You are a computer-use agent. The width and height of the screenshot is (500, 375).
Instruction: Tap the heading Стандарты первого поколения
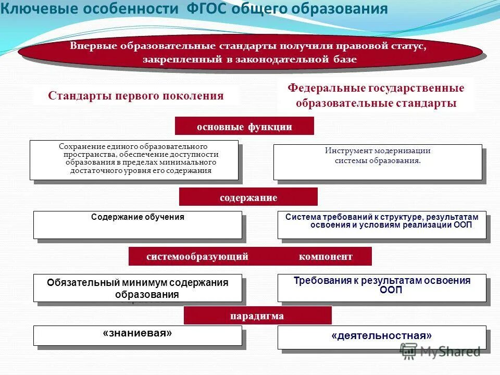tap(136, 96)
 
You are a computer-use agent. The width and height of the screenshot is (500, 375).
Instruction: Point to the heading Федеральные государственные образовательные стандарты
tap(376, 95)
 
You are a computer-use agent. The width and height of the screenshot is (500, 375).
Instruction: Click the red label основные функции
tap(244, 127)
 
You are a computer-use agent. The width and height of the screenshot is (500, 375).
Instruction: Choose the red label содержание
tap(248, 197)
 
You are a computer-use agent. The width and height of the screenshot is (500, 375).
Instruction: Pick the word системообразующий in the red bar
tap(197, 256)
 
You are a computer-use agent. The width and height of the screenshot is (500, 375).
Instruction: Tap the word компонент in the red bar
tap(326, 256)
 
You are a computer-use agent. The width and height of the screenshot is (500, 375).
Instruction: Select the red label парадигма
tap(257, 316)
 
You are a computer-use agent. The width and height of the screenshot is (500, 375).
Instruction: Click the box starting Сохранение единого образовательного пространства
tap(134, 160)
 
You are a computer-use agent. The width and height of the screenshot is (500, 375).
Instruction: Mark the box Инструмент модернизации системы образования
tap(378, 162)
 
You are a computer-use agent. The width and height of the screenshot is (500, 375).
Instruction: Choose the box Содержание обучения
tap(138, 224)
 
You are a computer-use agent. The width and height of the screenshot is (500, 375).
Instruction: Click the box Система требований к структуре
tap(382, 225)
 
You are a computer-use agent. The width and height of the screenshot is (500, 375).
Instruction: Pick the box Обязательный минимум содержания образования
tap(138, 288)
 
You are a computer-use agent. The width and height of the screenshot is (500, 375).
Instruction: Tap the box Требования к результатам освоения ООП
tap(382, 287)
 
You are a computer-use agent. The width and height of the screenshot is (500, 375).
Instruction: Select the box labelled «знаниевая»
tap(138, 335)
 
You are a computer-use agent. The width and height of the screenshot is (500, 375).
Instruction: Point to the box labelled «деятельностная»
tap(382, 337)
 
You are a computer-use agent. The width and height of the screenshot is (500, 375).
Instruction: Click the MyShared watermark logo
tap(440, 352)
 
